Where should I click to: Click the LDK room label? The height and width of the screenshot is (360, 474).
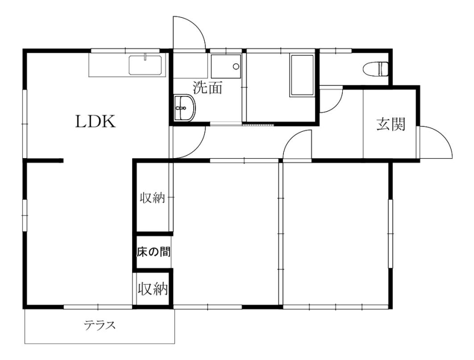[95, 122]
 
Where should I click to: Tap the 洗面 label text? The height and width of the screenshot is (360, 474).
[207, 87]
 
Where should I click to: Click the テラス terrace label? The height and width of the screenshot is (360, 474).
[100, 325]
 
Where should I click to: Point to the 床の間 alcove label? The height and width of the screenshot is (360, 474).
[153, 252]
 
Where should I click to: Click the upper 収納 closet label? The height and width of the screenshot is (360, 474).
[152, 198]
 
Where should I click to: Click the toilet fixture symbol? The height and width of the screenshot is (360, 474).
[377, 68]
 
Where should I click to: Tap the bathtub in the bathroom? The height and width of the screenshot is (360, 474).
[302, 75]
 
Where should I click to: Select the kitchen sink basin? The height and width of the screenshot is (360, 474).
[146, 65]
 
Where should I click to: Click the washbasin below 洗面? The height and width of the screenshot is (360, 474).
[184, 108]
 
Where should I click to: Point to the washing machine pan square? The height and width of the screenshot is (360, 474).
[225, 66]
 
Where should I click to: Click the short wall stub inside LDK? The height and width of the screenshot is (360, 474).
[44, 160]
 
